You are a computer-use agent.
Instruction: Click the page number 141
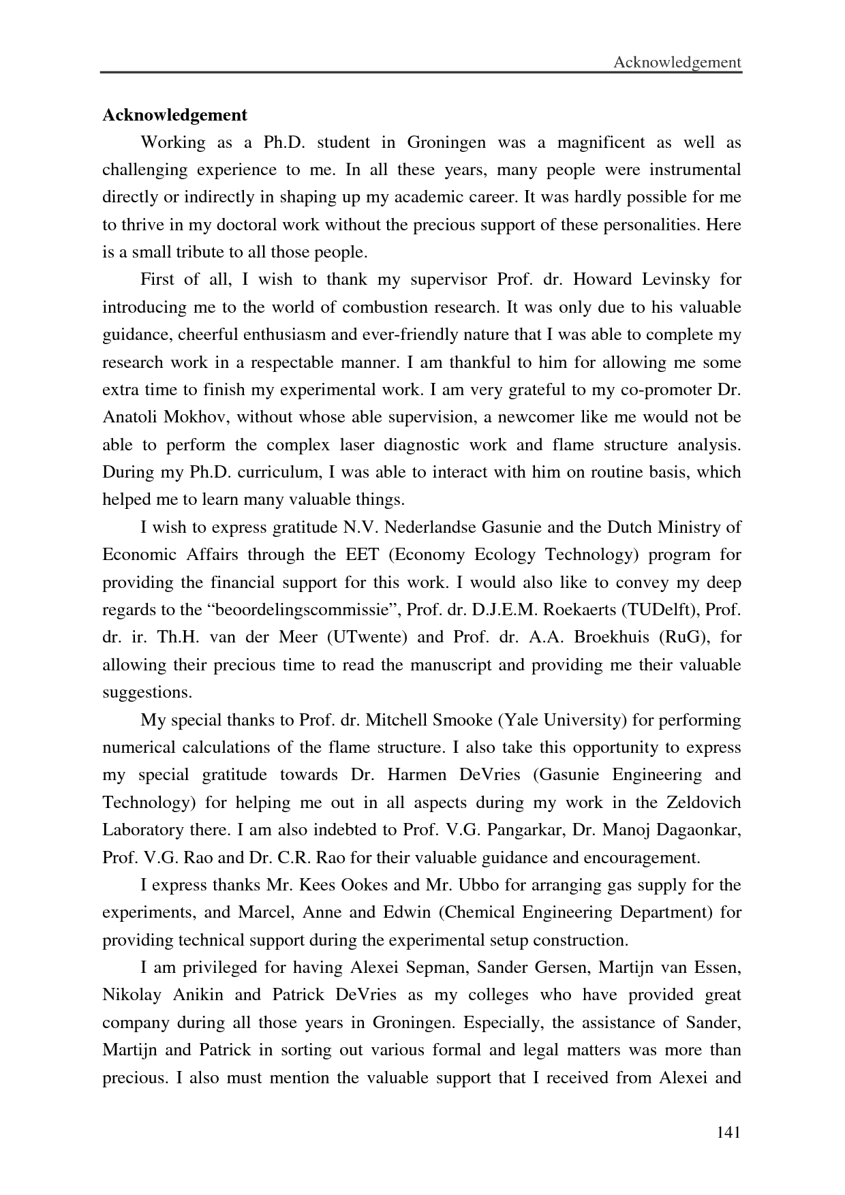[x=728, y=1133]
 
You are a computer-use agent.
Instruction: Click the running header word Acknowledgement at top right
[x=677, y=63]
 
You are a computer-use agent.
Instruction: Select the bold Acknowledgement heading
[x=174, y=114]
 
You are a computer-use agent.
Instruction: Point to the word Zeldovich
[x=707, y=802]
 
